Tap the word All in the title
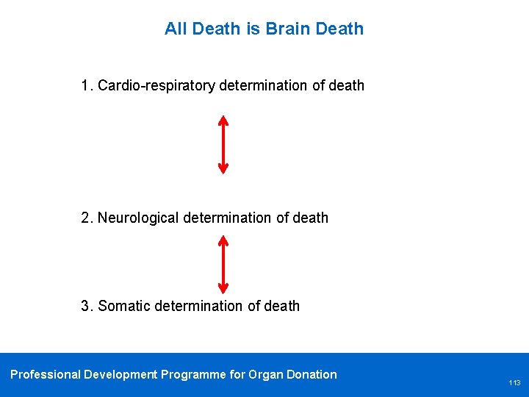(x=176, y=29)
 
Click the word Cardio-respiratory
(x=156, y=86)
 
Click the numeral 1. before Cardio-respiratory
(x=87, y=86)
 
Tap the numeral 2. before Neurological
(x=87, y=218)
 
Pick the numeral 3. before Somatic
(x=87, y=306)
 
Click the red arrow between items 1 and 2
(x=223, y=144)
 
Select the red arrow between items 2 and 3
(x=223, y=264)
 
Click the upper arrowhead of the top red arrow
(x=223, y=119)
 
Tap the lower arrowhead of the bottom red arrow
(x=223, y=288)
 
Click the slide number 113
(x=514, y=383)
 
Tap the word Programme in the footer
(x=193, y=375)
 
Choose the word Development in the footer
(x=120, y=375)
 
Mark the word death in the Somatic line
(x=283, y=306)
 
